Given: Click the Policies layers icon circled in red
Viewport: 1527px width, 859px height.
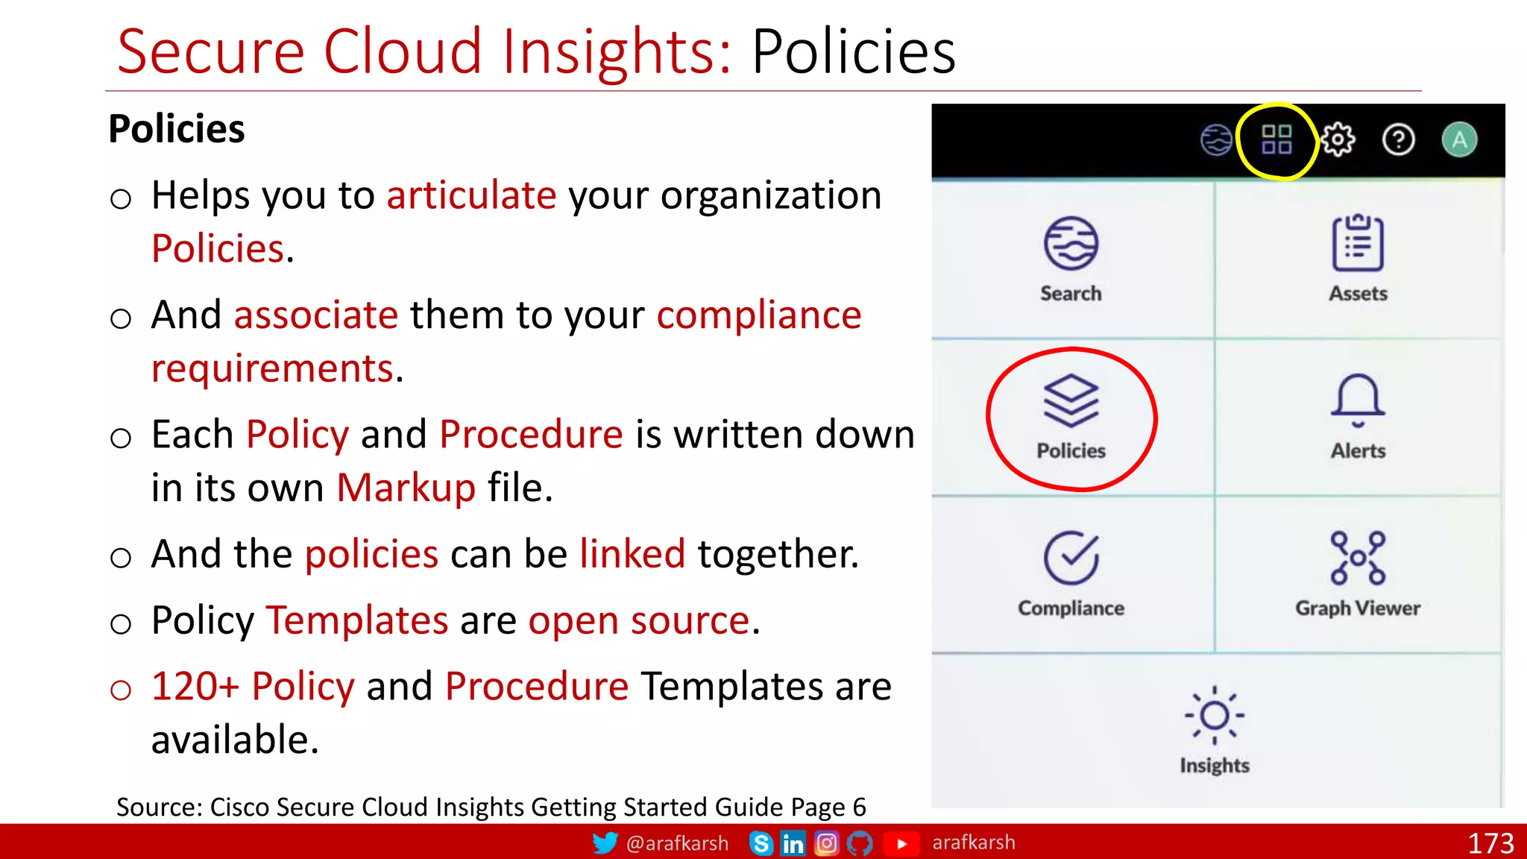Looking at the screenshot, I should click(1071, 400).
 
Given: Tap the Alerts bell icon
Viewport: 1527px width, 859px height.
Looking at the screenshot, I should click(1358, 400).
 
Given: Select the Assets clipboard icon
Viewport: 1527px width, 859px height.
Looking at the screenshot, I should click(1358, 243).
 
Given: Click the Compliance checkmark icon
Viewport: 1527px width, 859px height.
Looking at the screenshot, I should click(1071, 558).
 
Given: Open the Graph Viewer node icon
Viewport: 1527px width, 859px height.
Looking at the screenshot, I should click(1358, 558).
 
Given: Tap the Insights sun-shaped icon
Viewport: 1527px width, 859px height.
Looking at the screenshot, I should click(1215, 715).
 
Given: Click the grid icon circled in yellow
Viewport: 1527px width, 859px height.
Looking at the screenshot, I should click(1276, 139).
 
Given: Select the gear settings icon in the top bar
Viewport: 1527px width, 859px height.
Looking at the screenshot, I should click(1338, 139).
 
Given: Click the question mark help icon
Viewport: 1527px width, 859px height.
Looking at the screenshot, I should click(1398, 139).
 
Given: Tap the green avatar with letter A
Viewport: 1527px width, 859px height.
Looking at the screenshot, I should click(1459, 139).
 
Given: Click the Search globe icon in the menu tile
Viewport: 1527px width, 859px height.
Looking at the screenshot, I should click(1071, 243).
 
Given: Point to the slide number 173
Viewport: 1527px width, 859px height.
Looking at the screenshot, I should click(1490, 843).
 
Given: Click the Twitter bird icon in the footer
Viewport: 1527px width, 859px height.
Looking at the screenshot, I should click(605, 843).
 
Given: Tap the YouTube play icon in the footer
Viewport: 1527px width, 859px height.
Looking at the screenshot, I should click(901, 843).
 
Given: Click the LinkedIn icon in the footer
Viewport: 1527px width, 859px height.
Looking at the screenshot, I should click(793, 843).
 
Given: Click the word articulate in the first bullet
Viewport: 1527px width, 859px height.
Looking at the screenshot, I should click(471, 195).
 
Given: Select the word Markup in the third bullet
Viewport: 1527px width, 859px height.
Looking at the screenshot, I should click(406, 488).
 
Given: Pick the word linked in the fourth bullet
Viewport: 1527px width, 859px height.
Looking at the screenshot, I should click(632, 554).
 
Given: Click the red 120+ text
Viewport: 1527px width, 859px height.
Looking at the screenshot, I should click(195, 686).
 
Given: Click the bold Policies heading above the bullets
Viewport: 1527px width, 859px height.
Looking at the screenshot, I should click(177, 128).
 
